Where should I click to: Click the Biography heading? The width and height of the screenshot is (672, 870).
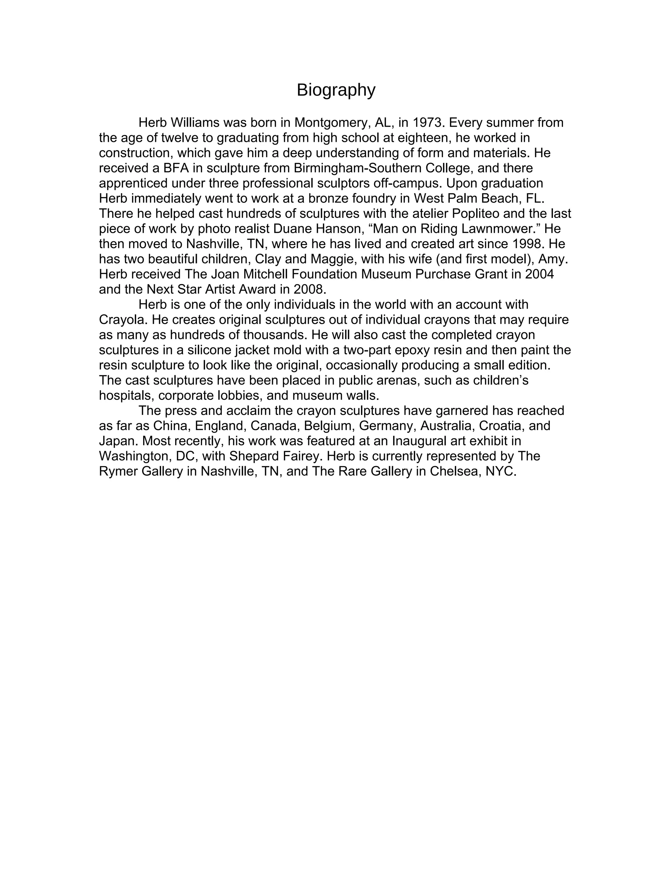[x=336, y=90]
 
